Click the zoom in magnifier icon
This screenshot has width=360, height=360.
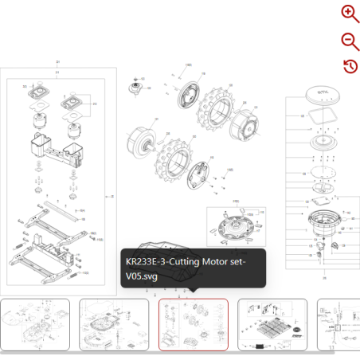[x=350, y=13]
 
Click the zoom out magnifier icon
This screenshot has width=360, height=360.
[x=350, y=41]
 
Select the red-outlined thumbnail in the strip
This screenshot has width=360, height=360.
[x=194, y=324]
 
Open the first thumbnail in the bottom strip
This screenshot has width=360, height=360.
[x=35, y=324]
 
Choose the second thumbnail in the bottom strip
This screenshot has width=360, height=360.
[x=114, y=324]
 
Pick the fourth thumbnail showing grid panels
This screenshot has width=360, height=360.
[x=272, y=324]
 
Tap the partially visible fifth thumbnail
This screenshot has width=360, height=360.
[x=338, y=324]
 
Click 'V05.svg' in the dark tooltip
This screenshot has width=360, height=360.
[x=142, y=276]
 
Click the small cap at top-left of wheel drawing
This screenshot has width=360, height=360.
[x=135, y=86]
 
